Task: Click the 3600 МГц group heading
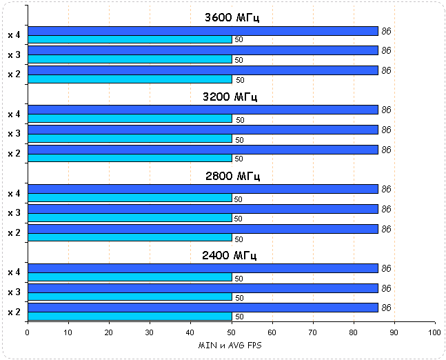[x=231, y=18]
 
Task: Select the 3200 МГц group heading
[x=231, y=97]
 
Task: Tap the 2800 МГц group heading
[x=231, y=177]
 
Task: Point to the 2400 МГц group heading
[x=231, y=256]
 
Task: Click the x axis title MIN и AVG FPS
[x=231, y=345]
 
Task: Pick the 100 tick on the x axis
[x=434, y=332]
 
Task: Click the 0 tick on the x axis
[x=28, y=332]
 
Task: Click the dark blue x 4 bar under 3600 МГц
[x=203, y=31]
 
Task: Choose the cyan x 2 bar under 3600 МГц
[x=130, y=79]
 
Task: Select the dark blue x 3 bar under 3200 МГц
[x=203, y=130]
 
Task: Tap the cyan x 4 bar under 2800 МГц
[x=130, y=198]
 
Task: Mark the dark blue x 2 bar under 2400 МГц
[x=203, y=308]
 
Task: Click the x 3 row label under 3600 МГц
[x=14, y=54]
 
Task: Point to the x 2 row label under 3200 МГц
[x=14, y=153]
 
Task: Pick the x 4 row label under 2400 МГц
[x=14, y=272]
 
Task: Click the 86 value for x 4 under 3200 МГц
[x=386, y=110]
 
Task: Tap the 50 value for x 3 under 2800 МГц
[x=239, y=219]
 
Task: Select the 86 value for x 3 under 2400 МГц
[x=386, y=288]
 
